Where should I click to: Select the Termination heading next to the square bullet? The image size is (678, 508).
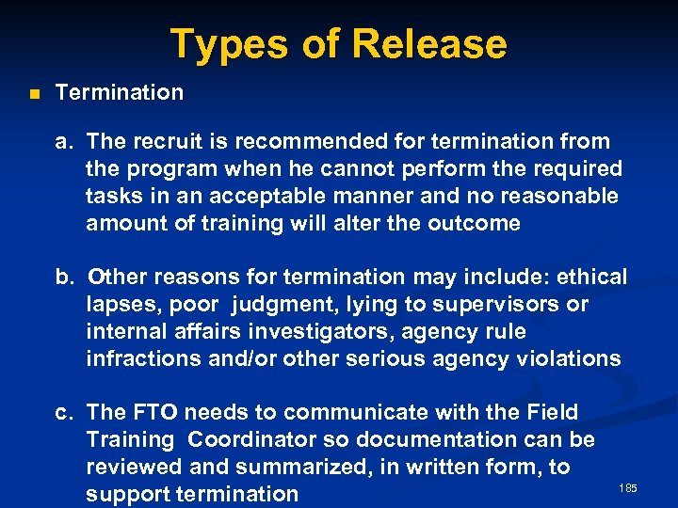120,92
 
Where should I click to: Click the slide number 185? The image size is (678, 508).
628,487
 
